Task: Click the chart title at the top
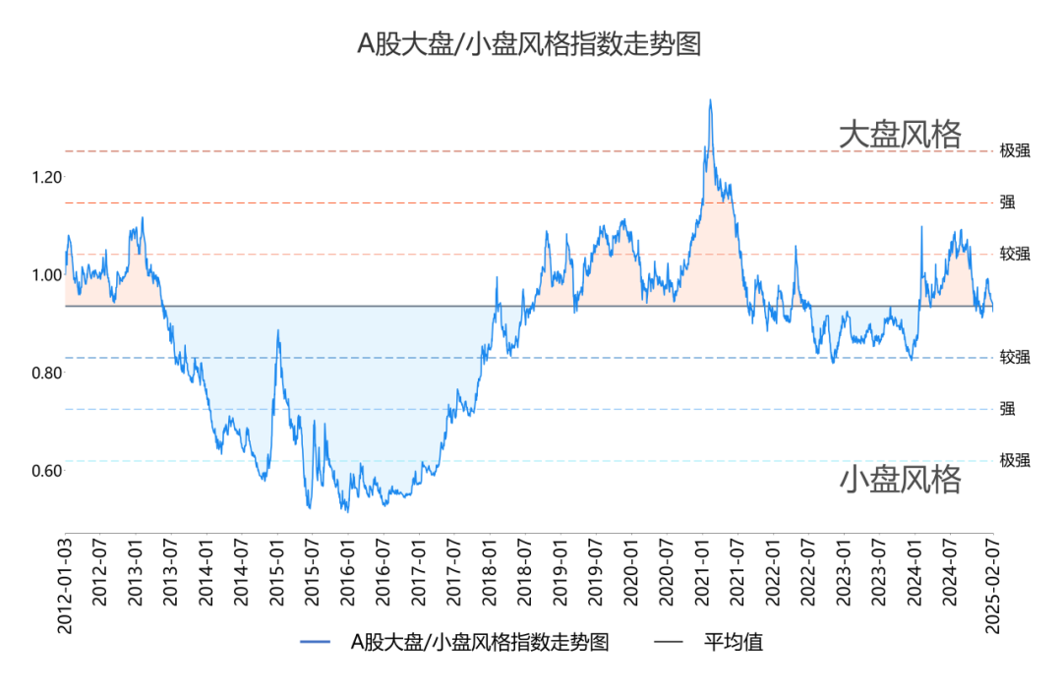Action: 529,44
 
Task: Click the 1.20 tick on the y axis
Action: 47,177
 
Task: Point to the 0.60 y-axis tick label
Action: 47,470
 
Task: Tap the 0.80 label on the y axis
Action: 47,373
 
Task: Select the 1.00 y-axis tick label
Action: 47,275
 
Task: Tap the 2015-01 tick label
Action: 277,572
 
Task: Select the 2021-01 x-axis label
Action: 702,572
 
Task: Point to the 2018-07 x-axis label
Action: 525,572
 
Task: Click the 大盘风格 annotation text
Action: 900,134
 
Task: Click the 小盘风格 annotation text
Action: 900,479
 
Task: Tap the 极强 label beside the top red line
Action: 1015,151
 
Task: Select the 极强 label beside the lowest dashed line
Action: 1015,460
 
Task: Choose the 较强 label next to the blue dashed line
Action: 1015,358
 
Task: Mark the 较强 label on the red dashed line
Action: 1015,254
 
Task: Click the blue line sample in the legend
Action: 315,642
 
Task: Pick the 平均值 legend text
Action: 733,642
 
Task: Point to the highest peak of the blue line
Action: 710,100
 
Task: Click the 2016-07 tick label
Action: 383,572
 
